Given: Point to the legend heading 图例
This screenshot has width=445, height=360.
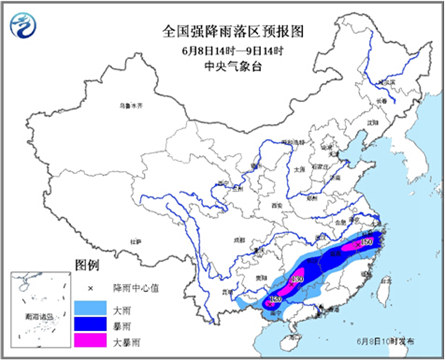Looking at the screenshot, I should tap(88, 264).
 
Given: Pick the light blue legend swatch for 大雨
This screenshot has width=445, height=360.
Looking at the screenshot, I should tap(92, 304).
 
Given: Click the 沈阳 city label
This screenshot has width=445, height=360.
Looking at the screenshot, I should tap(375, 122).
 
